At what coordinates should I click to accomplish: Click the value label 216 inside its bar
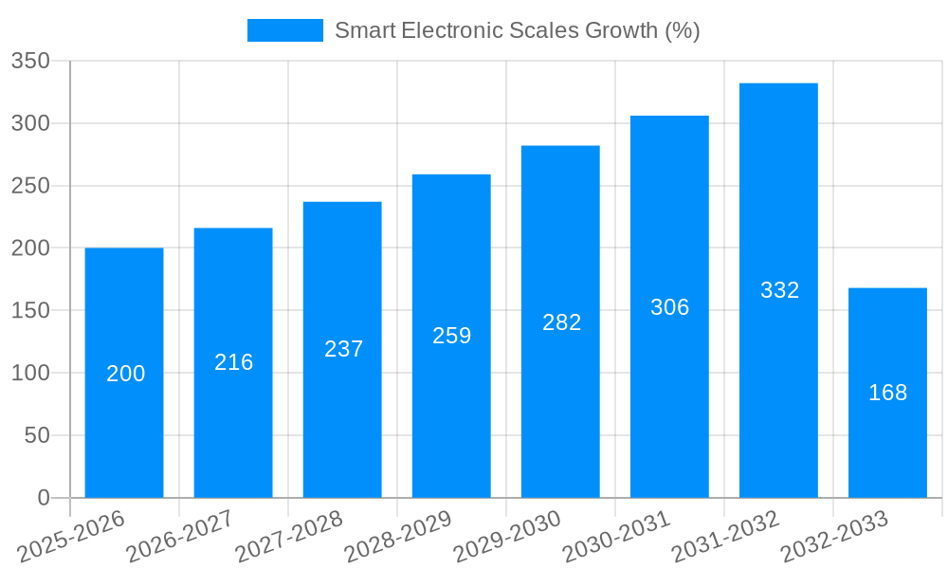(x=233, y=362)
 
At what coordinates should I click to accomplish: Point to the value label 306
(x=669, y=307)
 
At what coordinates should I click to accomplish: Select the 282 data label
(x=561, y=322)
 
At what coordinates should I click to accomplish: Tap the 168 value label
(x=887, y=393)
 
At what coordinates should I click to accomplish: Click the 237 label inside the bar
(x=343, y=349)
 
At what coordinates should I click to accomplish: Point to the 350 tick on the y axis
(x=30, y=62)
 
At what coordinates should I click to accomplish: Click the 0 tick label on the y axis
(x=43, y=498)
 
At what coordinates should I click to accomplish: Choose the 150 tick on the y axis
(x=30, y=311)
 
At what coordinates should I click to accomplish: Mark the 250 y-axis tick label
(x=30, y=186)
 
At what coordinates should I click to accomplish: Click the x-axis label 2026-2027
(x=179, y=536)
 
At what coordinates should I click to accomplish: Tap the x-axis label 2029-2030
(x=506, y=536)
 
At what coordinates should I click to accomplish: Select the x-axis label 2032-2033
(x=833, y=536)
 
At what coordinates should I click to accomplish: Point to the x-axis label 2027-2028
(x=288, y=536)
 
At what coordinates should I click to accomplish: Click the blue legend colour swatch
(x=284, y=30)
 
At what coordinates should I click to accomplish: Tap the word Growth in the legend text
(x=621, y=30)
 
